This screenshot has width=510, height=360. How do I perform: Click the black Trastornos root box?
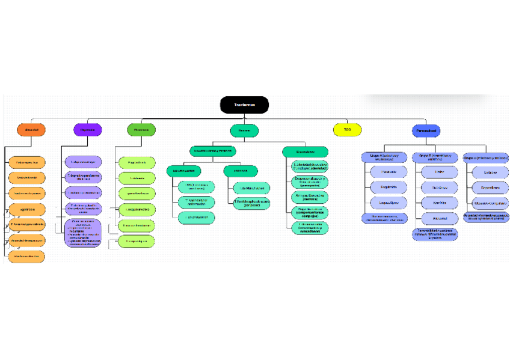(x=244, y=105)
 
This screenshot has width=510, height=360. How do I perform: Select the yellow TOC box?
(x=347, y=130)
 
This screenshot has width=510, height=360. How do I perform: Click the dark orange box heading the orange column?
(x=31, y=130)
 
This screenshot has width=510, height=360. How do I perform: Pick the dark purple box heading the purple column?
(x=87, y=130)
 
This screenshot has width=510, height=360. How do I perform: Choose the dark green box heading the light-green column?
(x=141, y=130)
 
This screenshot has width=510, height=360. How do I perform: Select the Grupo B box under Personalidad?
(x=435, y=157)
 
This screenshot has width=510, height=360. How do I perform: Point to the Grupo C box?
(x=485, y=157)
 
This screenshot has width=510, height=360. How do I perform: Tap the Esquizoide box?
(x=384, y=187)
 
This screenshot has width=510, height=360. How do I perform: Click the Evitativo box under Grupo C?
(x=490, y=172)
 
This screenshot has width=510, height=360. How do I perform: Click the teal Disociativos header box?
(x=305, y=152)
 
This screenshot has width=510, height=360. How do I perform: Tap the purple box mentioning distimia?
(x=83, y=177)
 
